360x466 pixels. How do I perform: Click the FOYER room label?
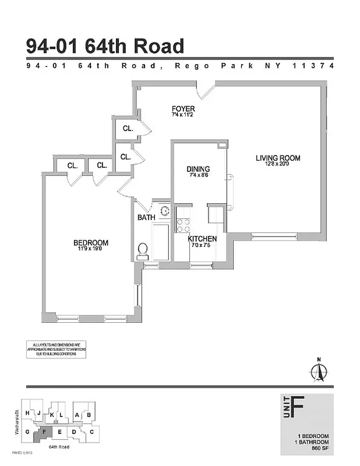(x=183, y=109)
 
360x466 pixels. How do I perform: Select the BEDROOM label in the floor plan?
(x=90, y=243)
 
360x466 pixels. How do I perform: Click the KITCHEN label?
(x=202, y=239)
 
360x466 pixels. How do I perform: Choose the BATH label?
(x=146, y=217)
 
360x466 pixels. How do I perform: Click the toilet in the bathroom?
(x=142, y=250)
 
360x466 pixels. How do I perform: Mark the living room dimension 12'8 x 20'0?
(x=277, y=164)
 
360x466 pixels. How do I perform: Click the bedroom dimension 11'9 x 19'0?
(x=90, y=249)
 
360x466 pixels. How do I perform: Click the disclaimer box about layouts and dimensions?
(x=56, y=349)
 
